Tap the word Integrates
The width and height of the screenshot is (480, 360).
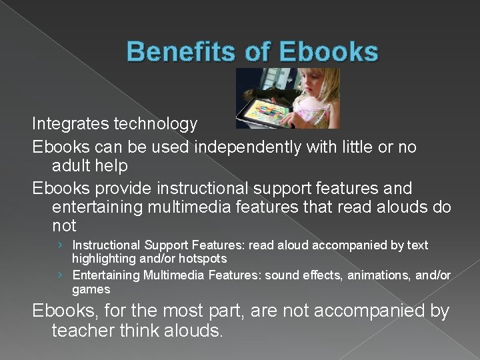point(71,123)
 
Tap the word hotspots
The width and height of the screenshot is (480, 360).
point(203,259)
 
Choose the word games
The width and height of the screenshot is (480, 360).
point(91,289)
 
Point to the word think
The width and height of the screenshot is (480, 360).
point(137,331)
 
